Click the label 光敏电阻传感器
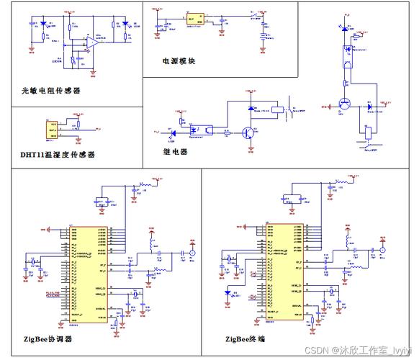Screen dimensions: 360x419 (x=50, y=91)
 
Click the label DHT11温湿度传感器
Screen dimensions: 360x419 (x=57, y=154)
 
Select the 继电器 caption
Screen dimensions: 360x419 (x=175, y=152)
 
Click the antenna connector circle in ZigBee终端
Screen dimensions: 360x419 (x=382, y=254)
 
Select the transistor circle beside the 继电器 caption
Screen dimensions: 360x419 (x=248, y=132)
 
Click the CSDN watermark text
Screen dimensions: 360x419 (x=356, y=349)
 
